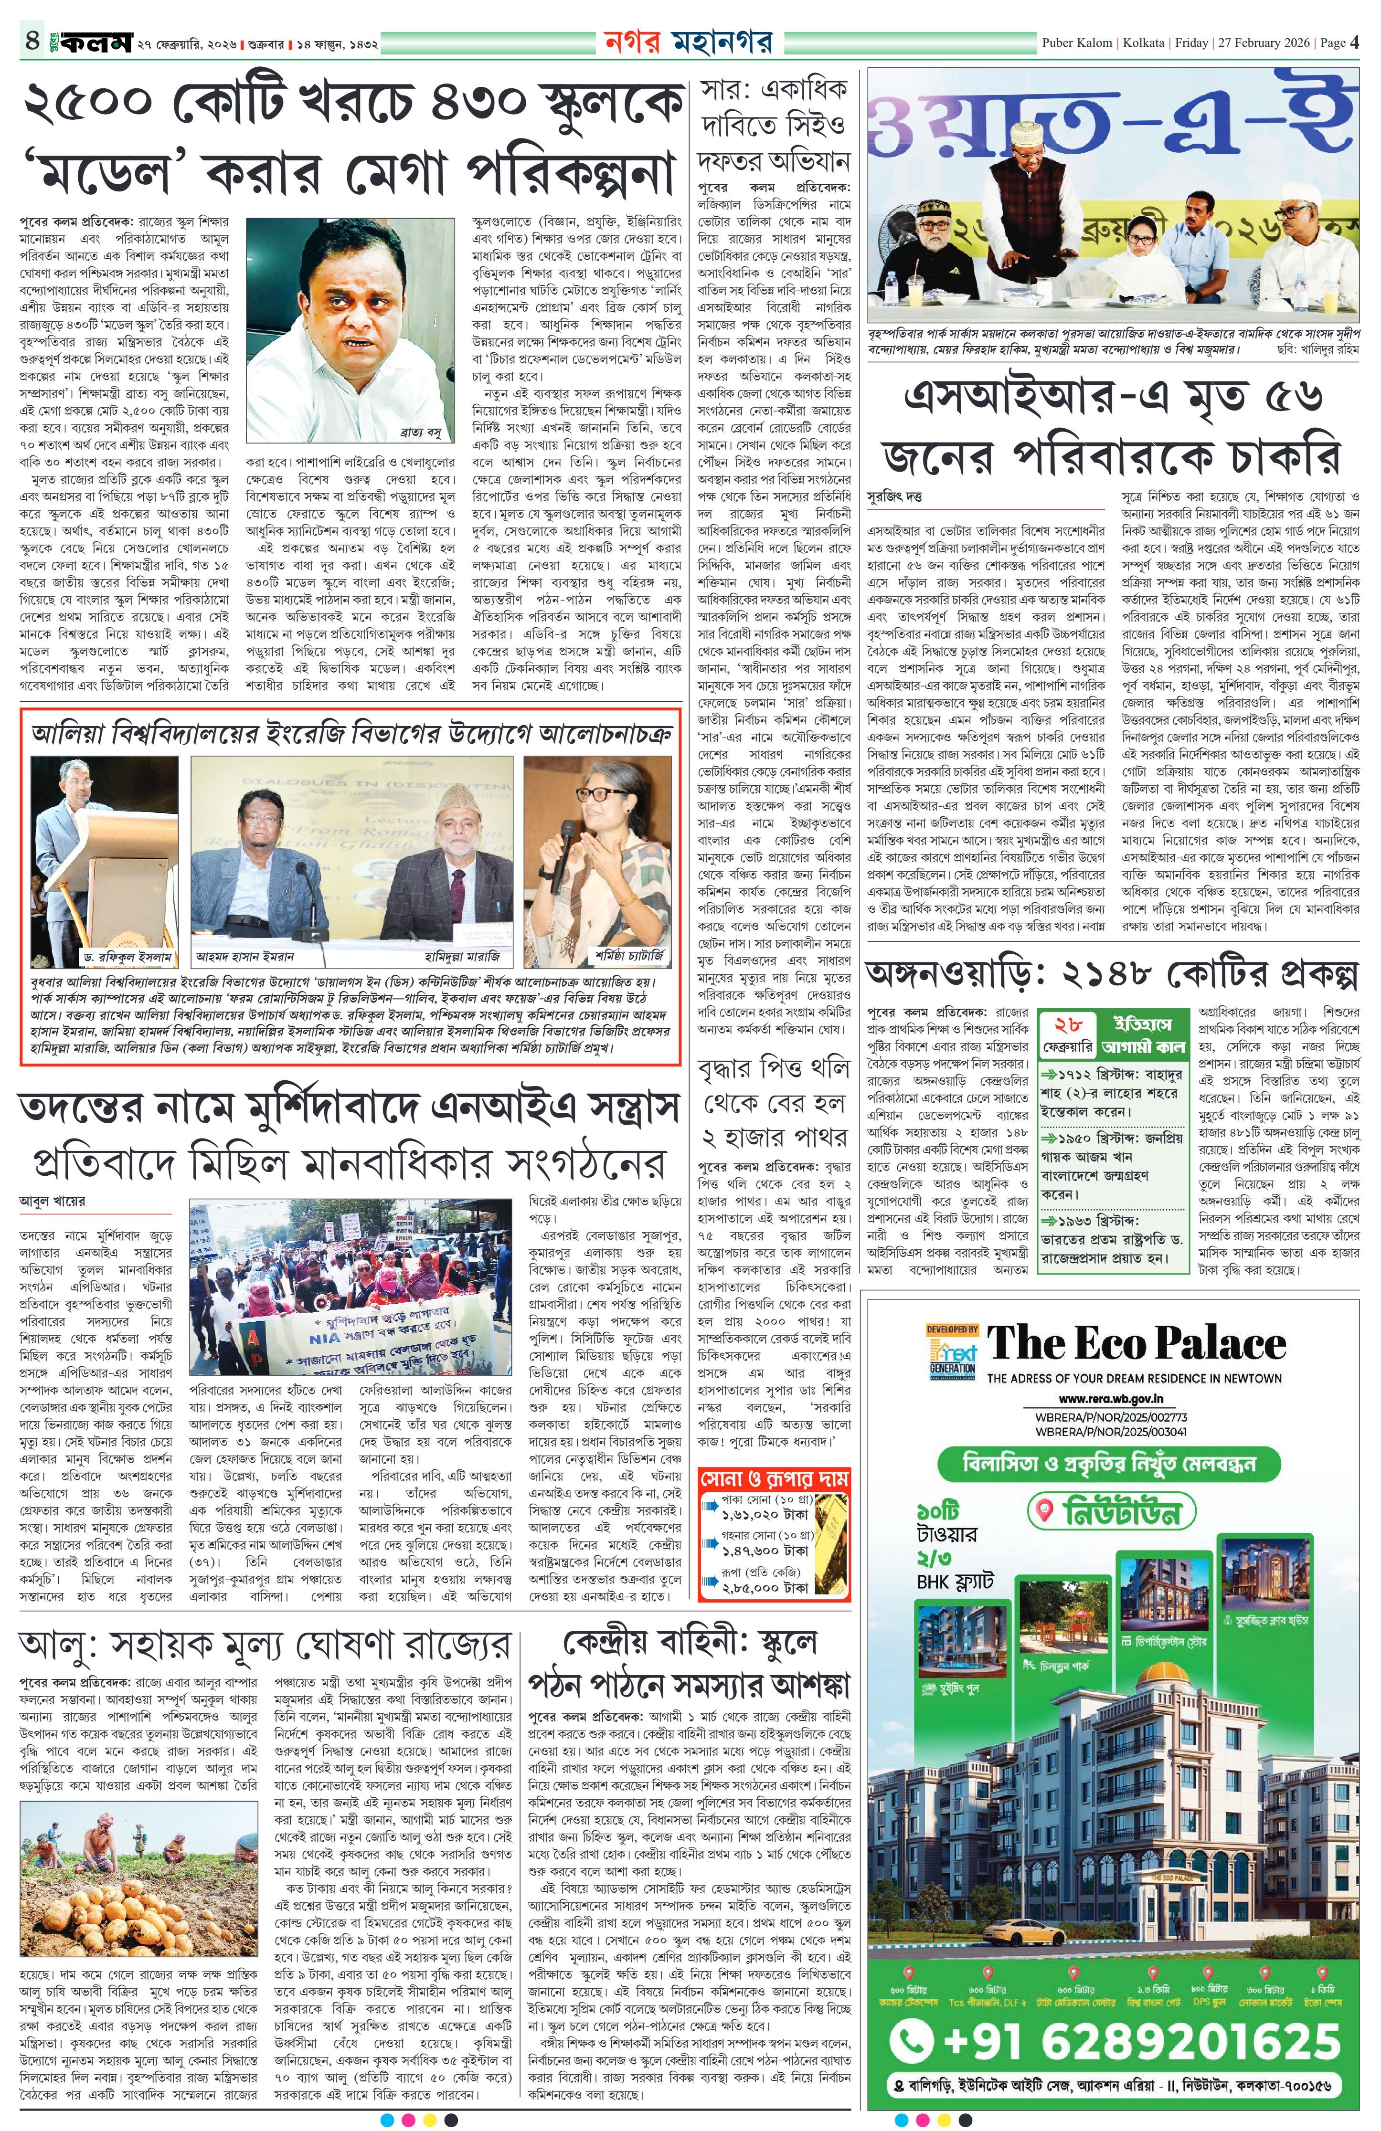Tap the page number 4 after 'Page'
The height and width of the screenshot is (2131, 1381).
[x=1355, y=42]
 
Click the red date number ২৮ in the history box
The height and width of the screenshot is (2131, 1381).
[x=1068, y=1026]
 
